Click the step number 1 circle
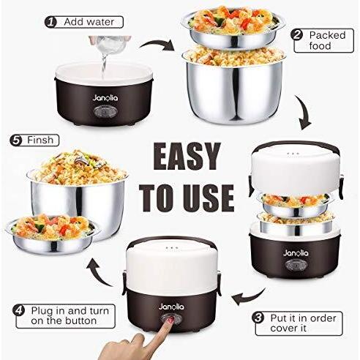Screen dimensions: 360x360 point(50,22)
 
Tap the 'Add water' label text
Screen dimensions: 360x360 point(89,22)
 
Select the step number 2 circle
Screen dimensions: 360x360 point(296,35)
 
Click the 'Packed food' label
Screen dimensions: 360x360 point(327,40)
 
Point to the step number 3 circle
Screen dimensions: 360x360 point(259,318)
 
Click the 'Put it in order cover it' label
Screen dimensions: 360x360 point(303,323)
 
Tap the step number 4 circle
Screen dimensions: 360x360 point(19,310)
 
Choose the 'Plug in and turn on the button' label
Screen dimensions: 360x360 point(70,316)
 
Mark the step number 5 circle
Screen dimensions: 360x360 point(16,140)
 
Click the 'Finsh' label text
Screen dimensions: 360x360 point(40,140)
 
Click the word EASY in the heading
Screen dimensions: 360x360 point(187,157)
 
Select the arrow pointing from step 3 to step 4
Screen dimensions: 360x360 point(250,297)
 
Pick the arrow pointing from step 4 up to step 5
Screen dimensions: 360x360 point(99,273)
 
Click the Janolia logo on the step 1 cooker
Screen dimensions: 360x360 point(105,98)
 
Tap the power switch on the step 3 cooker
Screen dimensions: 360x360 point(296,265)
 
